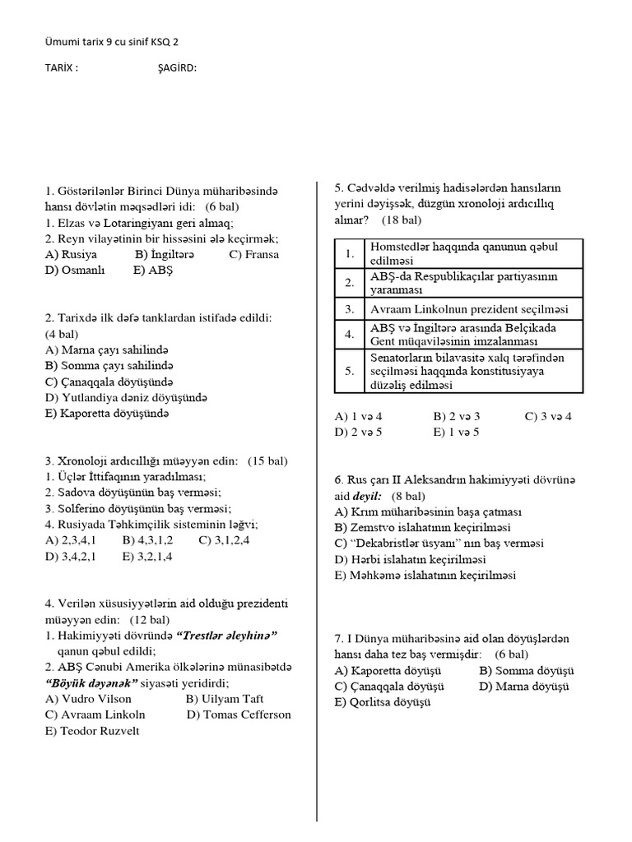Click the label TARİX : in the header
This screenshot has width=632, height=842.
coord(61,68)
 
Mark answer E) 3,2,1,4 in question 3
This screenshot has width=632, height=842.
coord(151,556)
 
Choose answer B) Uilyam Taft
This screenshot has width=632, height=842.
coord(225,698)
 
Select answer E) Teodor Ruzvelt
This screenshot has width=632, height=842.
coord(92,730)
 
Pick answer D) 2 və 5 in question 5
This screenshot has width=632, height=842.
coord(358,432)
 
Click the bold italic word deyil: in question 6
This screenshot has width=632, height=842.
coord(368,496)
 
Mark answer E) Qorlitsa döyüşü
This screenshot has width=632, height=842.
coord(382,702)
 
